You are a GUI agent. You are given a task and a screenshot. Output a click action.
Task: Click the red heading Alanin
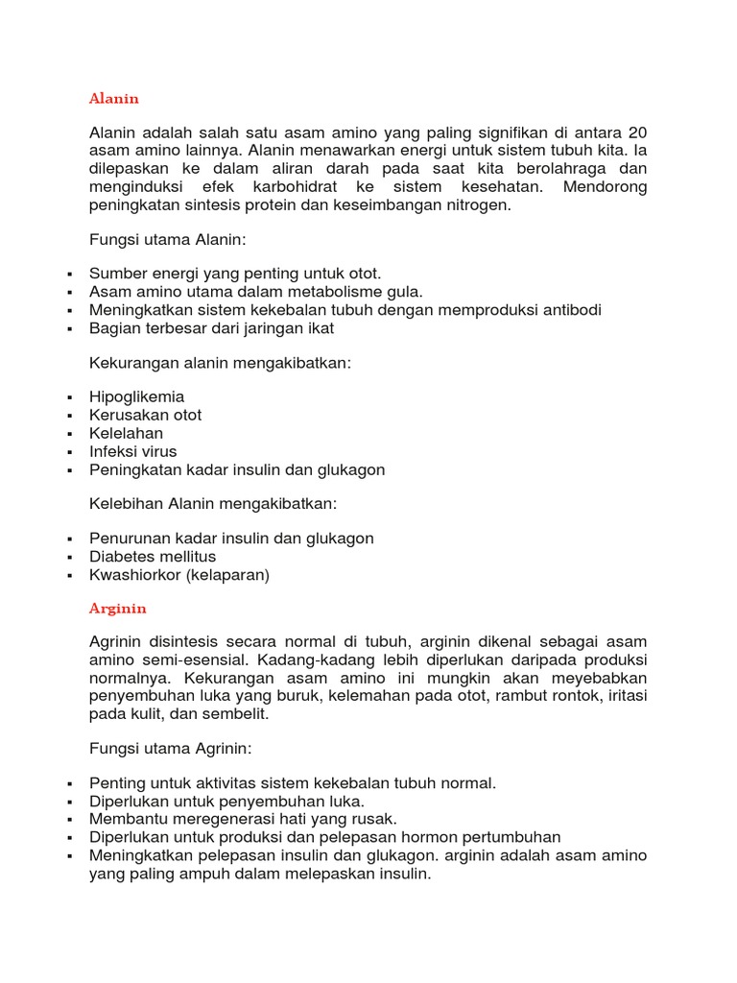(x=113, y=99)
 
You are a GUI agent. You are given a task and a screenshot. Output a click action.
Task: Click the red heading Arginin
(x=117, y=609)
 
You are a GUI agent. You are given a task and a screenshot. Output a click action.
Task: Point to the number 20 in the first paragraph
(x=635, y=132)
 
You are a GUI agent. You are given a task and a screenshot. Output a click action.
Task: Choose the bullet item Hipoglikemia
(x=136, y=396)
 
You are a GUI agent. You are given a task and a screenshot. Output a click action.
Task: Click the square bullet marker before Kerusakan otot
(x=70, y=416)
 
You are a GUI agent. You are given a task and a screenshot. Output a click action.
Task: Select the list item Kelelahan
(x=126, y=433)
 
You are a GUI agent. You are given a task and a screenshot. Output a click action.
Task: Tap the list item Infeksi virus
(x=132, y=451)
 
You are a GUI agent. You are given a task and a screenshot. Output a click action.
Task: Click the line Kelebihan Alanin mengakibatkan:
(x=213, y=503)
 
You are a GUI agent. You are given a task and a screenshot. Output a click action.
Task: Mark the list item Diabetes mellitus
(x=153, y=557)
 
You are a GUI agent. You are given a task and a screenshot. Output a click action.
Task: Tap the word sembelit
(x=235, y=714)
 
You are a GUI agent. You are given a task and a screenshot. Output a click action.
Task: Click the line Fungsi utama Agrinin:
(x=170, y=748)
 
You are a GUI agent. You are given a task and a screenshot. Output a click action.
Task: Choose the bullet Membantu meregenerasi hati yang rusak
(x=243, y=819)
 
